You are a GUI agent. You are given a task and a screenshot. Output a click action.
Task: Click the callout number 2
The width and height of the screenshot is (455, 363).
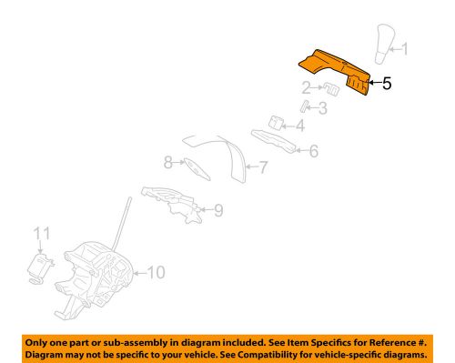pos(308,87)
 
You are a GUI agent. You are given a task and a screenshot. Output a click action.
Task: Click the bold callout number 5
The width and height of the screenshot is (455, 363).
pos(387,85)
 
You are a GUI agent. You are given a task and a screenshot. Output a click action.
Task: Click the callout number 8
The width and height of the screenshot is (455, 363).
pos(167,164)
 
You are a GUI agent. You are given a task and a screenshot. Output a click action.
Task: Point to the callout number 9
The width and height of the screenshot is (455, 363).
pos(217,212)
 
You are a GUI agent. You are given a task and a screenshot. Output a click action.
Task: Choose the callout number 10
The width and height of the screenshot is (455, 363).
pos(156,271)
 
